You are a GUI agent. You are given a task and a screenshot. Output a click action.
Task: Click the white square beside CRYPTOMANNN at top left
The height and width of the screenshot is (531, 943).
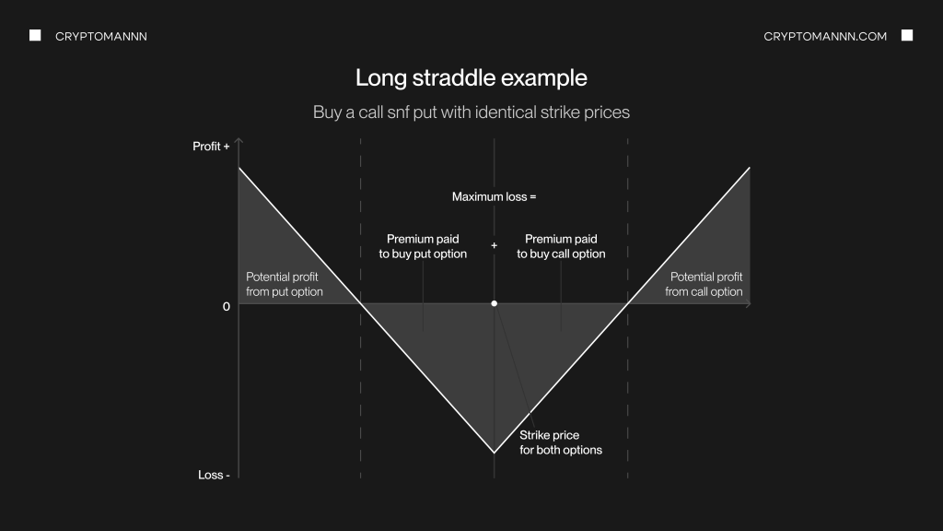click(36, 36)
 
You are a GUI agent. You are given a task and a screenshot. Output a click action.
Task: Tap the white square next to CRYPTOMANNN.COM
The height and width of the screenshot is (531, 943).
click(907, 36)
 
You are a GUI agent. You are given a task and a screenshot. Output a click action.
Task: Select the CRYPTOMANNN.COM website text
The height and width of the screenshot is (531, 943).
click(825, 37)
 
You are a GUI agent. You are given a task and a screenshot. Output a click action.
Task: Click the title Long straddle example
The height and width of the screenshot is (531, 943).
click(471, 78)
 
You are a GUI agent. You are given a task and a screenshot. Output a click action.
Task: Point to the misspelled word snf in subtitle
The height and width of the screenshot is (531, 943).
click(398, 112)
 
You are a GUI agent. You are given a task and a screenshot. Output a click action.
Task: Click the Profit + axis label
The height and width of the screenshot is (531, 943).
click(211, 147)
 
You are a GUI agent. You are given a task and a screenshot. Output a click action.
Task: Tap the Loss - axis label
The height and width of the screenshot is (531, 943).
click(214, 475)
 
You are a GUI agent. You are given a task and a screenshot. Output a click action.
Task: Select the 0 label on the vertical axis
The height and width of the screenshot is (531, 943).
click(227, 306)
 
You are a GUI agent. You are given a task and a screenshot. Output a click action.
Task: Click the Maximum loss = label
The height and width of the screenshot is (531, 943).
click(494, 197)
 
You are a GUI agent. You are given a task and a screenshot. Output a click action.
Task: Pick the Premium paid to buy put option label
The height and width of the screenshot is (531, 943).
click(423, 246)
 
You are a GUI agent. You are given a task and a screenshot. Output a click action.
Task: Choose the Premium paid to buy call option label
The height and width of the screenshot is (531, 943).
click(561, 246)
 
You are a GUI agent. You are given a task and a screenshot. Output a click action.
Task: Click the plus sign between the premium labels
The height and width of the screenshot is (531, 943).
click(494, 245)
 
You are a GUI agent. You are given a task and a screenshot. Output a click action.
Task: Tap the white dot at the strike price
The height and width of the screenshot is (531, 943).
click(494, 303)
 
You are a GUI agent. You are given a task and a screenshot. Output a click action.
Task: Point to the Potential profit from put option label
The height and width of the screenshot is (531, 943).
click(285, 284)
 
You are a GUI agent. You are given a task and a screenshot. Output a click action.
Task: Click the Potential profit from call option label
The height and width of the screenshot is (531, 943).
click(704, 284)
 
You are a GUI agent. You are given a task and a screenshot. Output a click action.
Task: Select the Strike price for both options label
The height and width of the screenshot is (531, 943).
click(561, 442)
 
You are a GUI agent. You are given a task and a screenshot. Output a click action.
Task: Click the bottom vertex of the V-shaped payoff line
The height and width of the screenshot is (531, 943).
click(494, 452)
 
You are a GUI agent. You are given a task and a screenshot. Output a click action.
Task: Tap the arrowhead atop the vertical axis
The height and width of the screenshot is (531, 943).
click(239, 140)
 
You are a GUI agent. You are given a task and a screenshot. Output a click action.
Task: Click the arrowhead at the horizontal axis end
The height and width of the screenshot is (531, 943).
click(749, 303)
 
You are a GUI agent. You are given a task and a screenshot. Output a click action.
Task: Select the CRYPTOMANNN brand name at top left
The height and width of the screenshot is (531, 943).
click(101, 37)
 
